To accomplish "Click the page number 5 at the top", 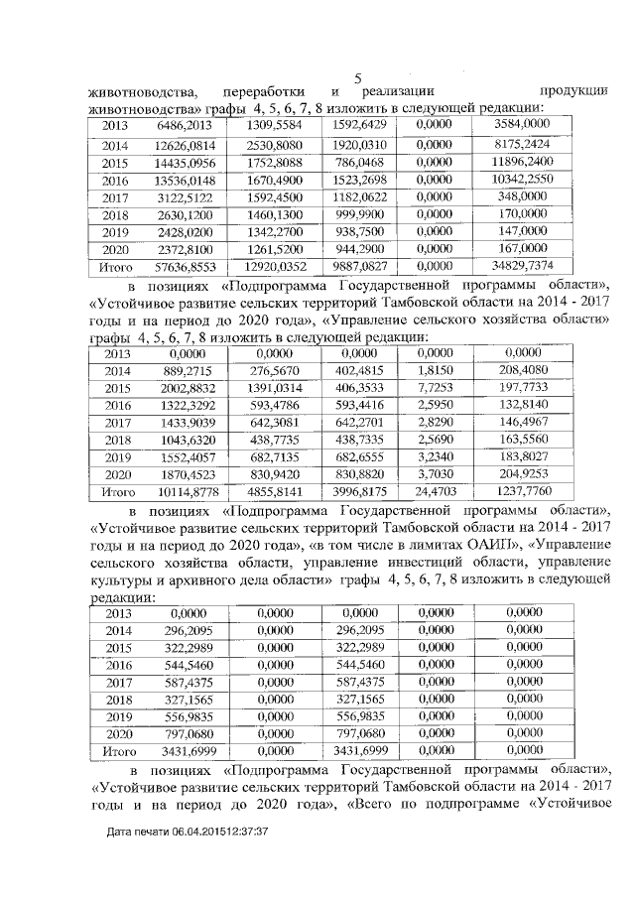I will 358,78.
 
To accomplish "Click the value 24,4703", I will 437,491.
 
